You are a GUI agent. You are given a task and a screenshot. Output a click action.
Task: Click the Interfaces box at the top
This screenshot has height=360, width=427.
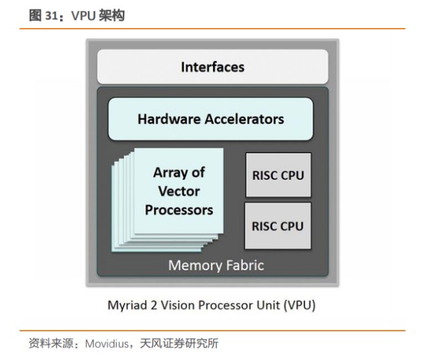click(x=212, y=67)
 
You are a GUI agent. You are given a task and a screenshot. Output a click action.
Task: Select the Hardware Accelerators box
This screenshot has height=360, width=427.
click(x=210, y=119)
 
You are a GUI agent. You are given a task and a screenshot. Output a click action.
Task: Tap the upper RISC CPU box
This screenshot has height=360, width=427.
click(x=278, y=175)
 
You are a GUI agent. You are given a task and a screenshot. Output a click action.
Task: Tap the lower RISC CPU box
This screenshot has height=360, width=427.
click(x=278, y=225)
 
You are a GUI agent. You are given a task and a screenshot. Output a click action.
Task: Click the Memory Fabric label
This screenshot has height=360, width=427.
click(x=216, y=265)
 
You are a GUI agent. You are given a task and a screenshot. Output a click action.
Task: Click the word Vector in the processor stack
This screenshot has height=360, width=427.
click(x=179, y=191)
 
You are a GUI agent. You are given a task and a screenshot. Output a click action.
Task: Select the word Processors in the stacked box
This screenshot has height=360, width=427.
click(x=179, y=210)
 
